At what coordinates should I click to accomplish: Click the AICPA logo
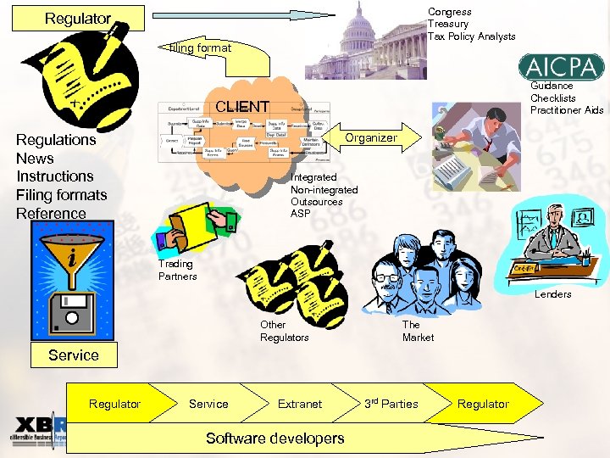pyautogui.click(x=563, y=66)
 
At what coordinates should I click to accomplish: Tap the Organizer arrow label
pyautogui.click(x=371, y=137)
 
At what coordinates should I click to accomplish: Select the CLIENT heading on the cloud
pyautogui.click(x=242, y=107)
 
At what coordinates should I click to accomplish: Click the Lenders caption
pyautogui.click(x=552, y=294)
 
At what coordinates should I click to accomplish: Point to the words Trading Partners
pyautogui.click(x=177, y=270)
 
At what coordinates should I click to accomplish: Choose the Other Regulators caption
pyautogui.click(x=284, y=331)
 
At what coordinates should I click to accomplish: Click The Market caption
pyautogui.click(x=418, y=331)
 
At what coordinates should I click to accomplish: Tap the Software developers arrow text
pyautogui.click(x=275, y=438)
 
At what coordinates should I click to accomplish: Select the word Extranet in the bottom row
pyautogui.click(x=300, y=404)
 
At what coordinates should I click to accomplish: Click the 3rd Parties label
pyautogui.click(x=391, y=404)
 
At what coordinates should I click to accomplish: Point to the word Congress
pyautogui.click(x=449, y=12)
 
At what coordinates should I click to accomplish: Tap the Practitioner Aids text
pyautogui.click(x=567, y=110)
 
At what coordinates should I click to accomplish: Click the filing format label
pyautogui.click(x=200, y=48)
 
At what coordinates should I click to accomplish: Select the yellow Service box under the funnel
pyautogui.click(x=73, y=355)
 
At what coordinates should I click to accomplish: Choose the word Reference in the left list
pyautogui.click(x=51, y=213)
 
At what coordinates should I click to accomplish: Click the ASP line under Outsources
pyautogui.click(x=300, y=214)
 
